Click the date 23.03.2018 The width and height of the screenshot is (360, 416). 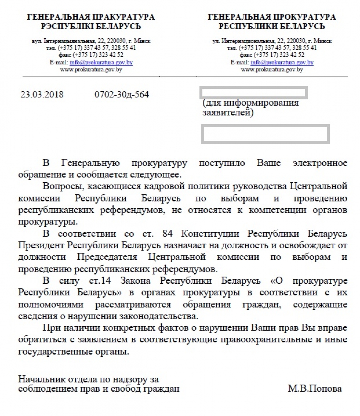[42, 95]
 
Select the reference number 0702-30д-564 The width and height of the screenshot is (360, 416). [122, 95]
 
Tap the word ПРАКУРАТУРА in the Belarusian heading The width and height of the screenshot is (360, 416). [125, 17]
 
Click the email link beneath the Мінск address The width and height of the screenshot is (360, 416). [101, 63]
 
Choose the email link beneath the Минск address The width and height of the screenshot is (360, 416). [282, 63]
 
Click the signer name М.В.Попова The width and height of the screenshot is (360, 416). [315, 388]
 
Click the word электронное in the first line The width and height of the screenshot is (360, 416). [320, 163]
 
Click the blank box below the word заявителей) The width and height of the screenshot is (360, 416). [265, 134]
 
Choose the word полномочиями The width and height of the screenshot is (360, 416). [51, 305]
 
